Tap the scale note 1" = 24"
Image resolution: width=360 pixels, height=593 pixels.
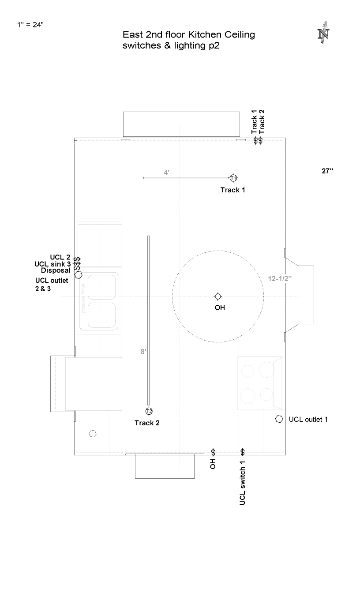pos(30,25)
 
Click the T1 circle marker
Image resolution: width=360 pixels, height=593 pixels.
pos(233,178)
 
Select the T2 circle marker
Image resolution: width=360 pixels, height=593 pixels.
pos(149,411)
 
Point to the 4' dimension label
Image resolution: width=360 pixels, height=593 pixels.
pos(166,173)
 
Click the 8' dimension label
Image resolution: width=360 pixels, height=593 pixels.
pos(143,352)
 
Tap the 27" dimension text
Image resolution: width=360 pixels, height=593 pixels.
pos(327,171)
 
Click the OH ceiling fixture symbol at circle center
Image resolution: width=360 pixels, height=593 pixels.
pos(217,296)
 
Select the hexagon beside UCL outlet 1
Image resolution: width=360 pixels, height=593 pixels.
pos(279,419)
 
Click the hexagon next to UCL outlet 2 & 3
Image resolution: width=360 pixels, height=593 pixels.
pos(78,275)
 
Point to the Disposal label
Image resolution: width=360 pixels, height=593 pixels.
pos(56,270)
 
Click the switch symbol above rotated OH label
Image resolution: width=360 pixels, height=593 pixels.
pos(213,452)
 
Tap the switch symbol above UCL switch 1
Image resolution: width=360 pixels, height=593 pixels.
pos(242,452)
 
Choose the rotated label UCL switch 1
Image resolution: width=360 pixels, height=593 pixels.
pos(242,483)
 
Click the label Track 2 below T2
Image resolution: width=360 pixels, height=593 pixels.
pos(147,423)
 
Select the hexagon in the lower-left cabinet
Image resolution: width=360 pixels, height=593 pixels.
pos(92,433)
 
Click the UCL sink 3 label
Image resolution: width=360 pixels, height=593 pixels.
pos(52,264)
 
